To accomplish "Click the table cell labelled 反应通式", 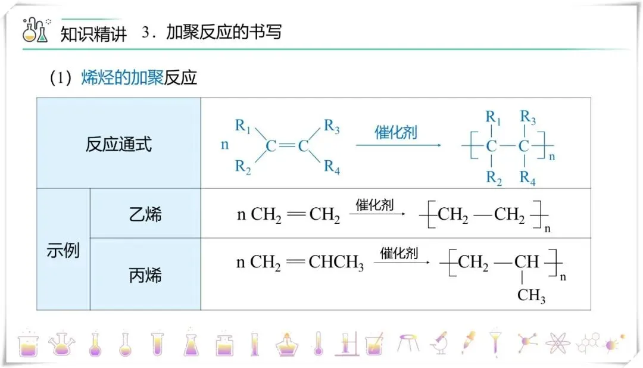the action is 118,144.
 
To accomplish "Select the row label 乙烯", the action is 145,214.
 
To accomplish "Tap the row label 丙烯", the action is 145,275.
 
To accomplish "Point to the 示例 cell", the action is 63,250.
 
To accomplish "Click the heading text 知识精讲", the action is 94,33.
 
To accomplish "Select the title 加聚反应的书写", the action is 223,32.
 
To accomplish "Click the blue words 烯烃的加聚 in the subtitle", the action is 122,78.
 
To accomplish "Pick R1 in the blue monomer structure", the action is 243,126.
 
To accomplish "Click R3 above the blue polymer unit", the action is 527,117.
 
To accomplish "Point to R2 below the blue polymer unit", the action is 494,177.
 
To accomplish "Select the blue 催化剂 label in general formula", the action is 395,132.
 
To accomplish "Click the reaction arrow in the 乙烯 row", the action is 376,214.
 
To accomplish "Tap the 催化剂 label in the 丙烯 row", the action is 399,254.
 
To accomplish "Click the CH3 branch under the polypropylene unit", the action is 531,295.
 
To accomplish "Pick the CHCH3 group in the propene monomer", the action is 336,263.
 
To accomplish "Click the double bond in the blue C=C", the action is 287,146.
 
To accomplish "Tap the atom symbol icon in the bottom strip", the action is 557,344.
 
